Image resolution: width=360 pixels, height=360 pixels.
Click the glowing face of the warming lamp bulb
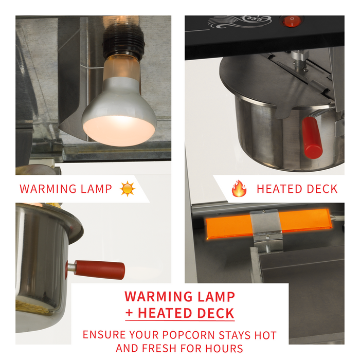coord(119,131)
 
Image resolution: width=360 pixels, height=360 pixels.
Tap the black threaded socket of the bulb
coord(123,44)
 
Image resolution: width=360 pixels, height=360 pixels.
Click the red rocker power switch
coord(292,22)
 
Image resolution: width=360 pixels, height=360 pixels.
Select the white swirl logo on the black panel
coord(240,22)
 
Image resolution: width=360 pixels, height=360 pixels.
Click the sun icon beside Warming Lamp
coord(128,189)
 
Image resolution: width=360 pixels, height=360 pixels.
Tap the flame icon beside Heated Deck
coord(239,189)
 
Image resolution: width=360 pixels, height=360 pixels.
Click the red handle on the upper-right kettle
coord(312,138)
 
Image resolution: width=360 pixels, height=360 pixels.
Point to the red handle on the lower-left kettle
coord(99,270)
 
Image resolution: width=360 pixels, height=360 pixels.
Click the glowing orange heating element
coord(269,224)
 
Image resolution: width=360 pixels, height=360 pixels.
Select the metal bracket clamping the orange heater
coord(266,228)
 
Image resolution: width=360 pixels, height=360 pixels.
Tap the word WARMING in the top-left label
coord(48,189)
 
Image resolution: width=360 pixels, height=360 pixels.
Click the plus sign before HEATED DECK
coord(129,313)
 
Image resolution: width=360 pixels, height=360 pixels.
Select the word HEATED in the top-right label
coord(279,189)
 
